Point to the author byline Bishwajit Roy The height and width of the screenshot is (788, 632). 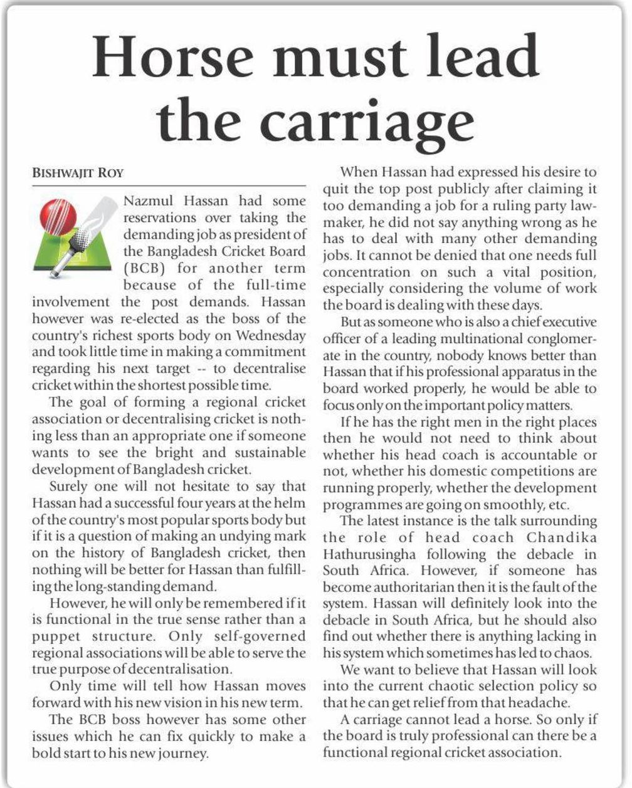tap(69, 174)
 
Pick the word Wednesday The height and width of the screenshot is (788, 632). tap(273, 336)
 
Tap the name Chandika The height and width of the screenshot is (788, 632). tap(562, 537)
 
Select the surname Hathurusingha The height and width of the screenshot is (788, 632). tap(368, 554)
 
